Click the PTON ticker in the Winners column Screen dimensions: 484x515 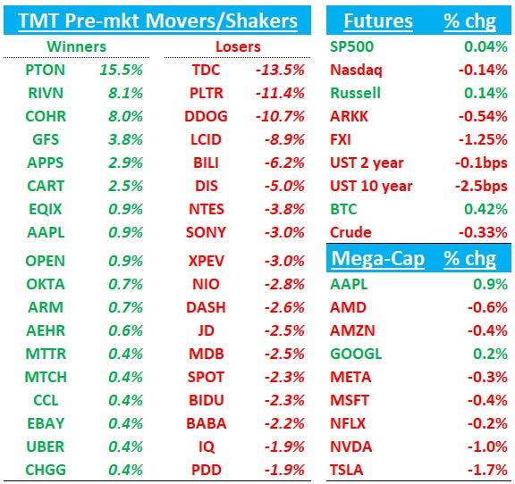click(45, 69)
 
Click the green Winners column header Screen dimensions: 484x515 click(78, 46)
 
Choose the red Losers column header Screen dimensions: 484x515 click(238, 46)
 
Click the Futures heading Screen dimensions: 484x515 click(378, 21)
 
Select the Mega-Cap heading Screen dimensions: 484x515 click(376, 259)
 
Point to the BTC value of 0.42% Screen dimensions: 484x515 click(486, 209)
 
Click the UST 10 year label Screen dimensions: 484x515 click(371, 186)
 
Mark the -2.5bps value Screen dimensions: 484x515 click(480, 186)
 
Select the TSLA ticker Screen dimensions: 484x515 click(347, 470)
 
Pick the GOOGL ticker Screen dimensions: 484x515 click(356, 353)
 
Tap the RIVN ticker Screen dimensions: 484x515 click(45, 92)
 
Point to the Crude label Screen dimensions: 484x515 click(350, 232)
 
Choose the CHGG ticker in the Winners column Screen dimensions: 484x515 click(45, 470)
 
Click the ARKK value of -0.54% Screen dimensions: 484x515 click(484, 115)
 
